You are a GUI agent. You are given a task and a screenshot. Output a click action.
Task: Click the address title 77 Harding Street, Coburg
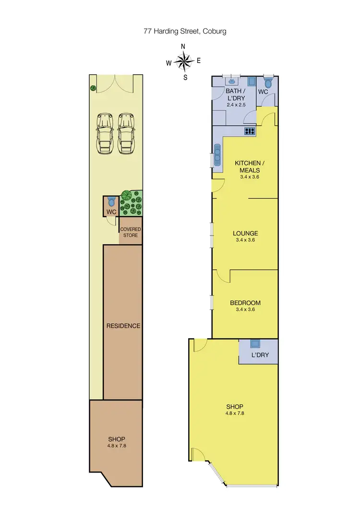(x=185, y=31)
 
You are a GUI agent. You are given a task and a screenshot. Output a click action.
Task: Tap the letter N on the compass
(x=183, y=47)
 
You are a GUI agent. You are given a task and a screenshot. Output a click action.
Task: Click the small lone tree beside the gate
(x=93, y=88)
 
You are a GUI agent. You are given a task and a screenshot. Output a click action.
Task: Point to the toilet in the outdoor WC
(x=111, y=201)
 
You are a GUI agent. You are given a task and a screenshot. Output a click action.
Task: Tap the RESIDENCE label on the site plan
(x=123, y=326)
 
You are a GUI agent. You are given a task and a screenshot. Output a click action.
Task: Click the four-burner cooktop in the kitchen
(x=250, y=130)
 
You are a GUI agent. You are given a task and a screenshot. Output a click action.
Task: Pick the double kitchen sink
(x=217, y=155)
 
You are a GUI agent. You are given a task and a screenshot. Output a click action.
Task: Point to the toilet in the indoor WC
(x=268, y=82)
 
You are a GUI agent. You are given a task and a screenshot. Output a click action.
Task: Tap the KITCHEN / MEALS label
(x=247, y=166)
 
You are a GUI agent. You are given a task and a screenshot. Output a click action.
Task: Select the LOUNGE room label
(x=245, y=234)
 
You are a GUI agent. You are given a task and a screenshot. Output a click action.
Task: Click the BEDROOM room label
(x=245, y=303)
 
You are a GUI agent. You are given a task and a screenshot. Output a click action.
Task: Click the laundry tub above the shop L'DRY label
(x=255, y=343)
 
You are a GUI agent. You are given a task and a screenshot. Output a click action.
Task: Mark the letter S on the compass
(x=185, y=77)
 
